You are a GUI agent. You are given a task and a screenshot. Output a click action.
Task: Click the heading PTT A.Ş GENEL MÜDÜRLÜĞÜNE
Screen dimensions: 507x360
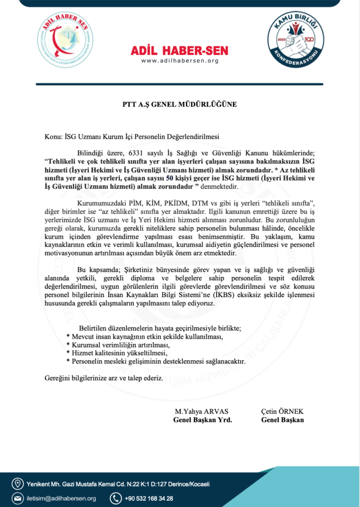180,104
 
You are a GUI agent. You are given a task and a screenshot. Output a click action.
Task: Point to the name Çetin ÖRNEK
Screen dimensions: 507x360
282,411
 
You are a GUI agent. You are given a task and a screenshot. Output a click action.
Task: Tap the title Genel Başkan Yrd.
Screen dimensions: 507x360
203,420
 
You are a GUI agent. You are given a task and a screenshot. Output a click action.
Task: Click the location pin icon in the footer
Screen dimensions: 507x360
18,483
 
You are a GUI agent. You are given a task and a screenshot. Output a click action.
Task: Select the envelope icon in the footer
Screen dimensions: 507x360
18,498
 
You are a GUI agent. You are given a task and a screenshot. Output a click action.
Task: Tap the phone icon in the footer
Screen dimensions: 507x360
115,498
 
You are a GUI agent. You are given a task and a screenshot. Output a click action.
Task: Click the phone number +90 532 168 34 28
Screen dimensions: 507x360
149,498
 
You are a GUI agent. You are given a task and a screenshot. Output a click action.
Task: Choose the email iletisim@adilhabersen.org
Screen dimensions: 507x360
61,498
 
